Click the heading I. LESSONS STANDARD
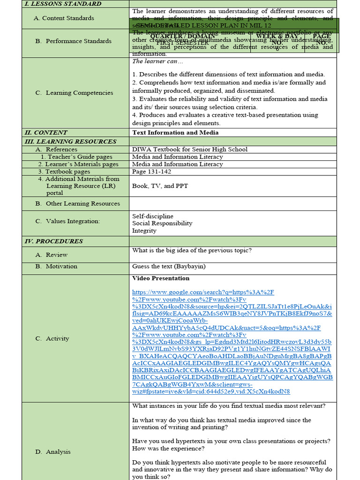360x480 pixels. point(63,4)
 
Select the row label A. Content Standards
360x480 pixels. point(64,18)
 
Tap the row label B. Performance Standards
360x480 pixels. point(74,41)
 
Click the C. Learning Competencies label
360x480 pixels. point(75,93)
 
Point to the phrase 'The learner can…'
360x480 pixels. point(151,61)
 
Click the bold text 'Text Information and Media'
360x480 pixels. point(175,133)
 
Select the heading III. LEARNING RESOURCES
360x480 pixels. point(70,142)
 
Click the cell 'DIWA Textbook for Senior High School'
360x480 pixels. point(190,150)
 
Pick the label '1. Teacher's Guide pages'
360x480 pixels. point(76,157)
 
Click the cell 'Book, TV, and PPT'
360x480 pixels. point(160,186)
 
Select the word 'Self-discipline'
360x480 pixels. point(153,216)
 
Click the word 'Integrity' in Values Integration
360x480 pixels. point(144,231)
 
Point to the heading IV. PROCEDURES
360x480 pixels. point(53,241)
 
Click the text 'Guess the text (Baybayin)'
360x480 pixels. point(169,266)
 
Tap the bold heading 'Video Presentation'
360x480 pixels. point(161,278)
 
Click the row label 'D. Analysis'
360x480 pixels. point(53,452)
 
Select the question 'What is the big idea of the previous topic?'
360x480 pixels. point(192,250)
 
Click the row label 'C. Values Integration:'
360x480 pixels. point(67,221)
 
